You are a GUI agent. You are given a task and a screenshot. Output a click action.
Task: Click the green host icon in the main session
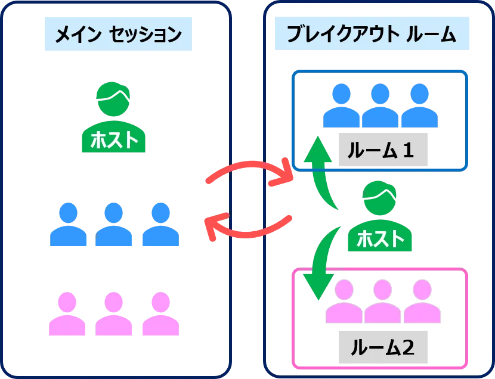point(114,117)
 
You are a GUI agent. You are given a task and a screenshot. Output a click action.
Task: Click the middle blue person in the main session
point(114,225)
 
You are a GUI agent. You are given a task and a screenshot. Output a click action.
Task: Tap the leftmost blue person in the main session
point(69,225)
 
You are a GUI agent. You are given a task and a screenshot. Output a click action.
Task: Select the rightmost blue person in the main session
point(160,225)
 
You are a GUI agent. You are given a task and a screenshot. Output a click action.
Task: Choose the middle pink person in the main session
point(114,314)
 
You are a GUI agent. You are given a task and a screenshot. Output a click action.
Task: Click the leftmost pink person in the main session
point(69,314)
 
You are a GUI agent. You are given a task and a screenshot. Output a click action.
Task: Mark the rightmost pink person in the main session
point(160,314)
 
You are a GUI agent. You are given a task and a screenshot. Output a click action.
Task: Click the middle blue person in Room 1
point(379,105)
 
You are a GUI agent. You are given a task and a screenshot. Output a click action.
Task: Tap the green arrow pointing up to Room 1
point(321,170)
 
